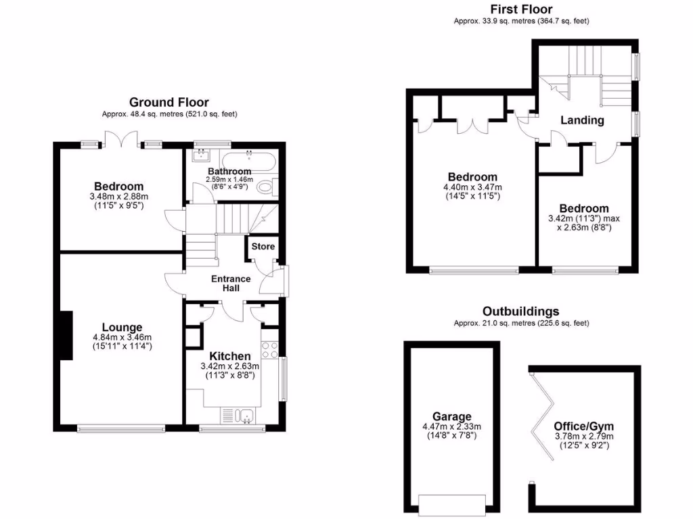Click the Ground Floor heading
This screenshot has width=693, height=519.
tap(169, 103)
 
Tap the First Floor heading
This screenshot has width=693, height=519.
tap(521, 9)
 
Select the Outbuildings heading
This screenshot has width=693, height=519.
tap(520, 312)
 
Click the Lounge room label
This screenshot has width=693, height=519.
tap(122, 327)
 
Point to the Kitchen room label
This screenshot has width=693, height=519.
tap(229, 356)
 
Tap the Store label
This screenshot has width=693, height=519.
tap(263, 247)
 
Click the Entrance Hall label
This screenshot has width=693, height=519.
tap(231, 284)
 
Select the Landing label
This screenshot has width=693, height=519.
tap(582, 120)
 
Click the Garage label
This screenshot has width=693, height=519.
tap(452, 417)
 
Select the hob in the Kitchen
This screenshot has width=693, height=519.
tap(269, 351)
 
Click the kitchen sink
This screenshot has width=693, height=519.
tap(244, 416)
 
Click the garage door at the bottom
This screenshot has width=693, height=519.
tap(451, 503)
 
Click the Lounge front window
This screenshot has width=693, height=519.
tap(121, 428)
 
